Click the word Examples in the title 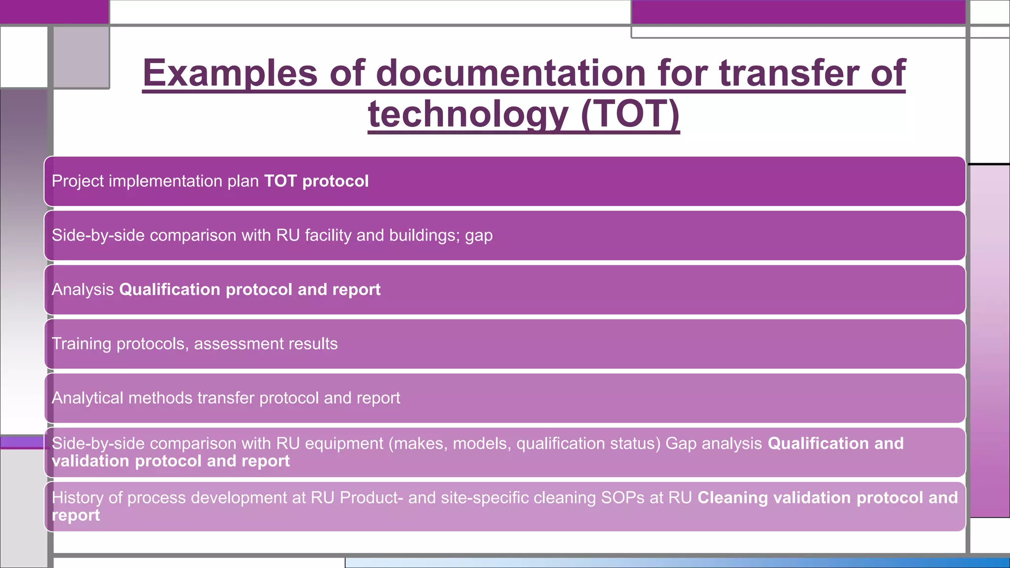coord(230,73)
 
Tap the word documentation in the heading coord(511,73)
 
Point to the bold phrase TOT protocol coord(316,181)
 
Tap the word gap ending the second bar coord(478,236)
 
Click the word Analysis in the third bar coord(83,289)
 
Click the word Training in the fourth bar coord(81,344)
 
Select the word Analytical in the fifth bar coord(87,398)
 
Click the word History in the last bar coord(77,498)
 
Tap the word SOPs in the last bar coord(622,498)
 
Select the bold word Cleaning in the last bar coord(732,498)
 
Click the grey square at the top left coord(81,57)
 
